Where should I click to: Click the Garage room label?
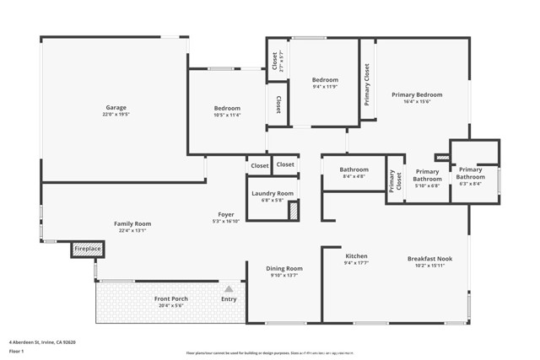coord(116,108)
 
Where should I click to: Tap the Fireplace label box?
coord(88,249)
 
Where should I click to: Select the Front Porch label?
coord(170,299)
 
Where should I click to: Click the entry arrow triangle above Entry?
coord(228,289)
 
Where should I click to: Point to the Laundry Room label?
coord(272,193)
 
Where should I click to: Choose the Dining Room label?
coord(285,269)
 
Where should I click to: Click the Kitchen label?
coord(356,256)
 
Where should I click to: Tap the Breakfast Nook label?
coord(429,259)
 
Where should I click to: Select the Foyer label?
coord(226,215)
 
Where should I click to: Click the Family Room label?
coord(133,223)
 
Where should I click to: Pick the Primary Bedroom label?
coord(416,95)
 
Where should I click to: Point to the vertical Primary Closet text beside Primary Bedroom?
coord(367,84)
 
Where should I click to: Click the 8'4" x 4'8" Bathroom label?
coord(354,169)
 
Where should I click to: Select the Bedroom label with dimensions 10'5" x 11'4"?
coord(226,108)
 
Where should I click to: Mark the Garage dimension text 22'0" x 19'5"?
coord(116,115)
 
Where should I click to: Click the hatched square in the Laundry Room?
coord(294,211)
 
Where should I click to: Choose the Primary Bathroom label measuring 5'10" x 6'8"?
coord(427,175)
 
